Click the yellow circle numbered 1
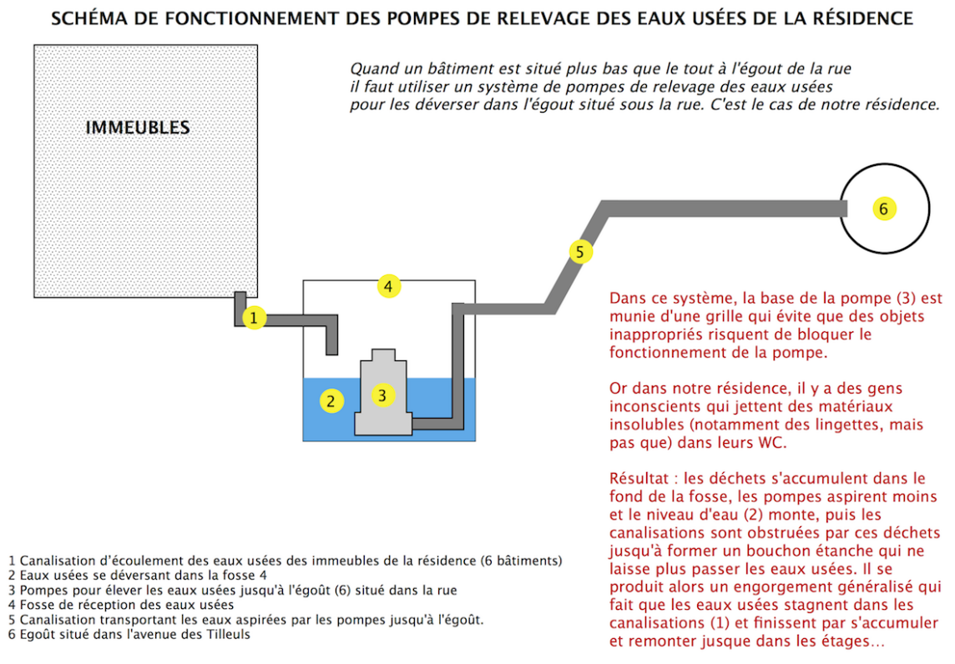pyautogui.click(x=254, y=318)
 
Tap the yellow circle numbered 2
pyautogui.click(x=331, y=401)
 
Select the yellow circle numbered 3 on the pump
pyautogui.click(x=382, y=395)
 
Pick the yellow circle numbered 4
pyautogui.click(x=387, y=286)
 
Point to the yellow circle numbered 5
pyautogui.click(x=581, y=250)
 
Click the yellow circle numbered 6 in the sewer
pyautogui.click(x=883, y=209)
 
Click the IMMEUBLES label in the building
pyautogui.click(x=138, y=128)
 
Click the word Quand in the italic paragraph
pyautogui.click(x=370, y=68)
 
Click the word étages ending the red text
pyautogui.click(x=839, y=642)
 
